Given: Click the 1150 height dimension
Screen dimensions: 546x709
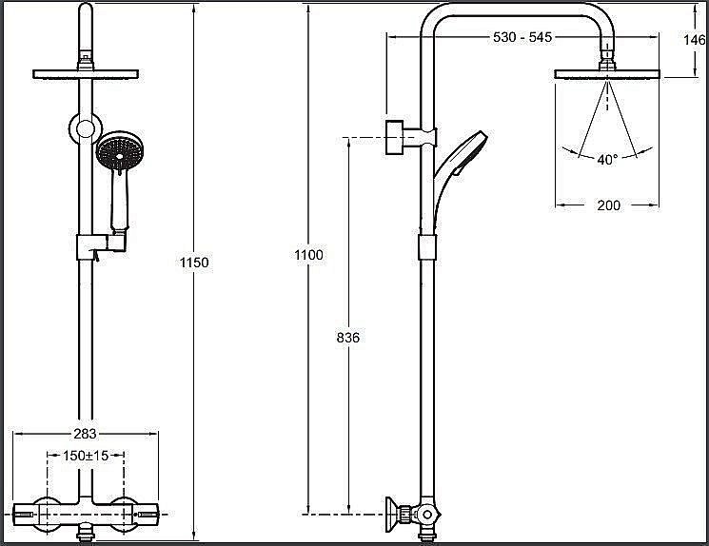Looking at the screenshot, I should [x=193, y=262].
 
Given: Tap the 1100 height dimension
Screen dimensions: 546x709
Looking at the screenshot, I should [x=309, y=255].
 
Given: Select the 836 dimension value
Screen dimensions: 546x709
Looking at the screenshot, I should [x=348, y=337].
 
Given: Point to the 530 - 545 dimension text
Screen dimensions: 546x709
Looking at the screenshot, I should [x=522, y=37].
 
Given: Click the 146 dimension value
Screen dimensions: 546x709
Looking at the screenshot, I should [x=696, y=40].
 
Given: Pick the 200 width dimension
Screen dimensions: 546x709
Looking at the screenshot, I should [x=607, y=205].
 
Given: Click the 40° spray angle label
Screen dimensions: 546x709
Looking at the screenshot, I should [x=607, y=160].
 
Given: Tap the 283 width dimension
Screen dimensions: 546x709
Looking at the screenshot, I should [x=86, y=435].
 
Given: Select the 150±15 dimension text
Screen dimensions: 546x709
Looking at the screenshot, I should [x=86, y=457].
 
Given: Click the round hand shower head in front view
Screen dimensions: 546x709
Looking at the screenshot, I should [x=120, y=152].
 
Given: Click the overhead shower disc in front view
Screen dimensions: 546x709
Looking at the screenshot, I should [x=86, y=73].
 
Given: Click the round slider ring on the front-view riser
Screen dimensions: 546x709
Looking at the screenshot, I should [x=86, y=127].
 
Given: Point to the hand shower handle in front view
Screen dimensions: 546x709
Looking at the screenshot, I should [x=119, y=202].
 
